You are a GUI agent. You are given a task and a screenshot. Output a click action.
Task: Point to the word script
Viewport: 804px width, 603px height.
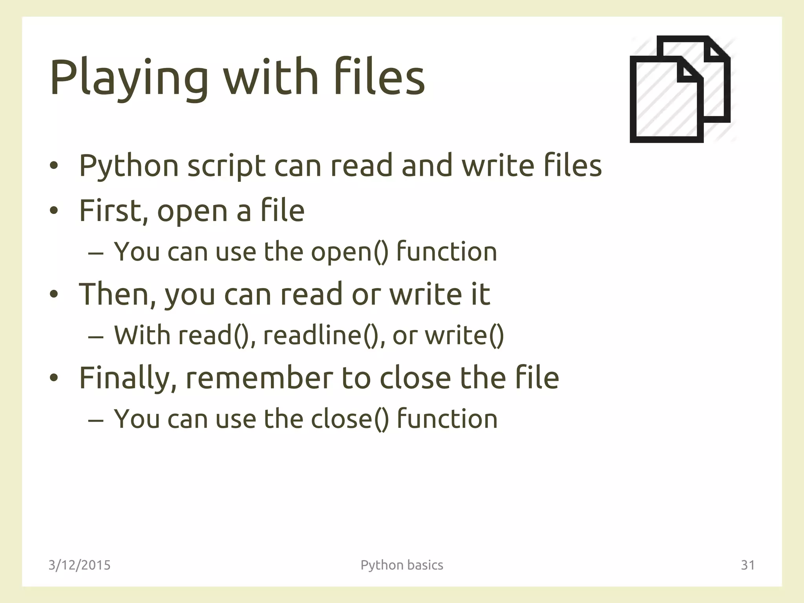coord(226,166)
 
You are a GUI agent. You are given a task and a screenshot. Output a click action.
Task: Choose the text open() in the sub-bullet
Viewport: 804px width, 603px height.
coord(349,252)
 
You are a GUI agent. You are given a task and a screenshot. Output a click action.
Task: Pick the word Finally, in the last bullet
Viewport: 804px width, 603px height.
coord(128,378)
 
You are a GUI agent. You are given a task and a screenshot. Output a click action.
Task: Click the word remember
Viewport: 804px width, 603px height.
coord(259,378)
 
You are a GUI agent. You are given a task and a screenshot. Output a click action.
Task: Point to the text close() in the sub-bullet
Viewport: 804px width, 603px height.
coord(349,419)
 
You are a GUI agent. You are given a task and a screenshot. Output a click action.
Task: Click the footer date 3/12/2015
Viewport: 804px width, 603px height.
coord(79,565)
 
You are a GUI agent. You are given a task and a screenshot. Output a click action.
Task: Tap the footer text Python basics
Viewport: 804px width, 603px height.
coord(402,565)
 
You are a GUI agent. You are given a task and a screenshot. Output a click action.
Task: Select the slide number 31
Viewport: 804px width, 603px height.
coord(747,565)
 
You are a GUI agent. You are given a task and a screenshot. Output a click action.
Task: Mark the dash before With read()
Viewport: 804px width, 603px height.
coord(96,337)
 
